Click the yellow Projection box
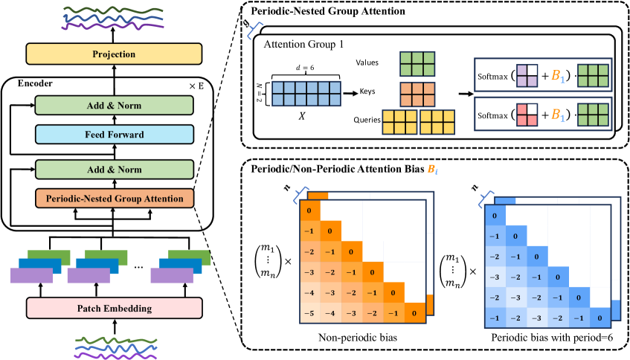[114, 54]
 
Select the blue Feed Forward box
[114, 135]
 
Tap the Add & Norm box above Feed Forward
[114, 106]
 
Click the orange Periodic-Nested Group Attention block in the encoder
[114, 199]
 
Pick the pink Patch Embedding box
[114, 306]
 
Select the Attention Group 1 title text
[301, 45]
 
